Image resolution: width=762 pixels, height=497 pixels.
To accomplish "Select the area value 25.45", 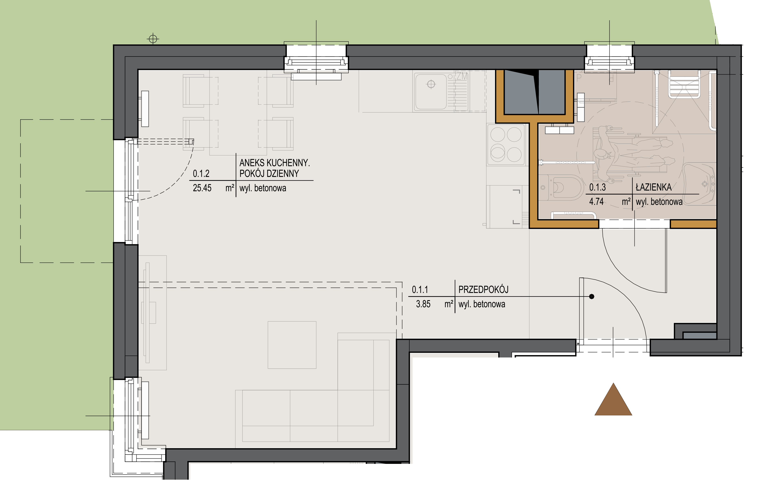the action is tap(202, 188).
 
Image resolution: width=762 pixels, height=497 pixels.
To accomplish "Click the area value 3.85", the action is tap(423, 304).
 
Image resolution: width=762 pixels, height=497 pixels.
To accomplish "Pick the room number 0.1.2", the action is tap(201, 174).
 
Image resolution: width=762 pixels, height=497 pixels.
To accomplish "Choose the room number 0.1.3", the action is tap(597, 187).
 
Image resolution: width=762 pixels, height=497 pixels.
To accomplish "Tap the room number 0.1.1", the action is tap(420, 290).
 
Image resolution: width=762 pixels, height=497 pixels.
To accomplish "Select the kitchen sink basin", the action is tap(431, 92).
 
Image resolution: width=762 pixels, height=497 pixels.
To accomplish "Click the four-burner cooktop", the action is tap(506, 145).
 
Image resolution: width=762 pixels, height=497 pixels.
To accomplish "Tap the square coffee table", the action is tap(292, 345).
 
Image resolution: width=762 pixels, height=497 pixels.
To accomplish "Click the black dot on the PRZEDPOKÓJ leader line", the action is tap(592, 297).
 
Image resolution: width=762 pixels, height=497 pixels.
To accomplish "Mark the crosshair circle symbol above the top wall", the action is tap(153, 39).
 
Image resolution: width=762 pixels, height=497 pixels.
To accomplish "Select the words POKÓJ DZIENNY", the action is tap(269, 174).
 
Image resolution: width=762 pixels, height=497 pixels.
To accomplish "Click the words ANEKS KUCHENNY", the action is tap(275, 163).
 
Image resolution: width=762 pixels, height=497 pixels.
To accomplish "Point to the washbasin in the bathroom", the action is tap(700, 183).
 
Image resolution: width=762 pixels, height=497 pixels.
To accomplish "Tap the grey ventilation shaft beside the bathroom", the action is tap(534, 92).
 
